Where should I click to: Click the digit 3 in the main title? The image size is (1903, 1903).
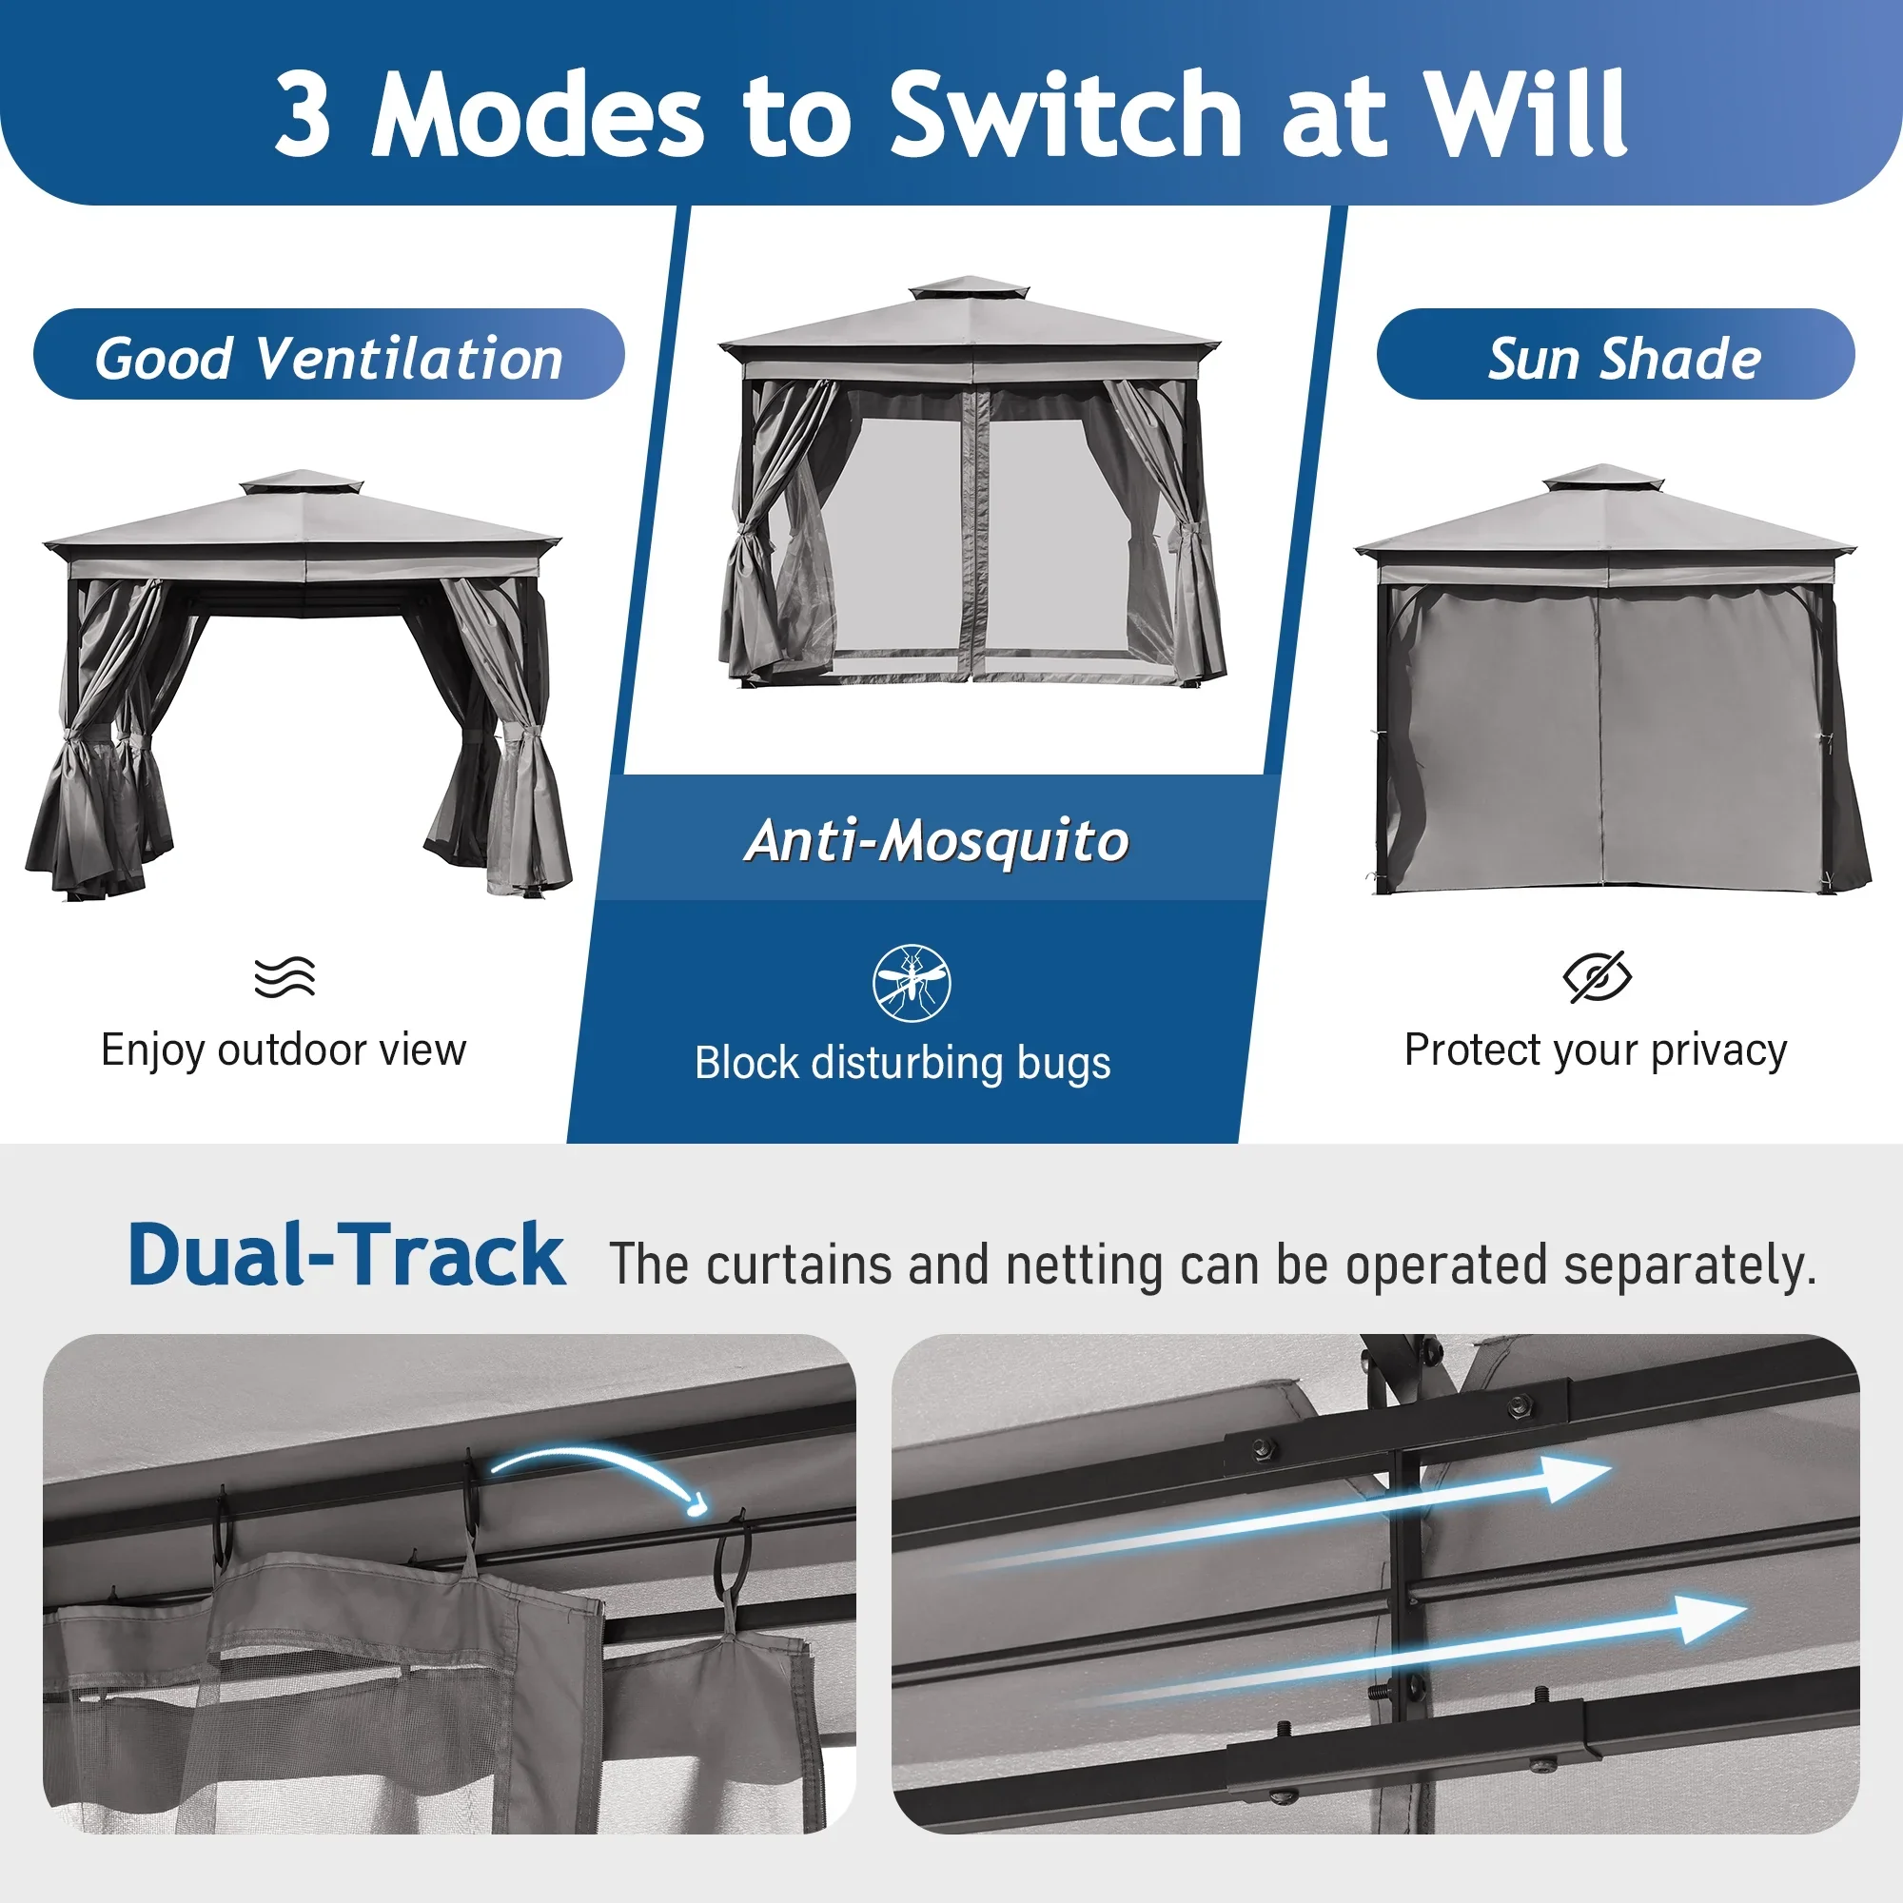pyautogui.click(x=302, y=113)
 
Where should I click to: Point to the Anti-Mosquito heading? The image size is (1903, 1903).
pyautogui.click(x=936, y=841)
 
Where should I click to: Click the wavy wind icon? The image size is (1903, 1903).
pyautogui.click(x=284, y=976)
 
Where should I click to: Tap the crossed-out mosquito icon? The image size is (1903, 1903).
pyautogui.click(x=912, y=983)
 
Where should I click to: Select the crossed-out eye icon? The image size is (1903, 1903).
pyautogui.click(x=1597, y=977)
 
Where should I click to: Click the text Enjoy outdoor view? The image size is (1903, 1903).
pyautogui.click(x=284, y=1050)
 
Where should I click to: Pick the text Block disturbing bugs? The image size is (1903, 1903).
pyautogui.click(x=902, y=1064)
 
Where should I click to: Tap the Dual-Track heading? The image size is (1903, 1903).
pyautogui.click(x=346, y=1255)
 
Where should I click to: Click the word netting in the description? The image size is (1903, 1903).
pyautogui.click(x=1084, y=1265)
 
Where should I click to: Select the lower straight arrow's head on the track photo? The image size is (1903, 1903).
pyautogui.click(x=1710, y=1620)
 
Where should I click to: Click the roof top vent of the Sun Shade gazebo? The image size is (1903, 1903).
pyautogui.click(x=1603, y=478)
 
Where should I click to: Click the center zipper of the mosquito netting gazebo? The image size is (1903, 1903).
pyautogui.click(x=976, y=532)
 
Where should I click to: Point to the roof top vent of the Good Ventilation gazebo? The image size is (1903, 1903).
pyautogui.click(x=302, y=483)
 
